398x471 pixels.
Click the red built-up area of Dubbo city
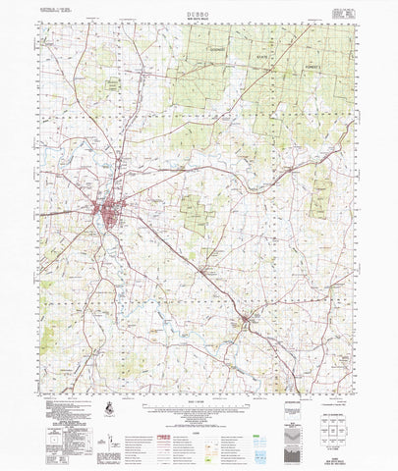[x=103, y=208]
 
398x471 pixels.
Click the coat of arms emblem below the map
[x=108, y=405]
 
